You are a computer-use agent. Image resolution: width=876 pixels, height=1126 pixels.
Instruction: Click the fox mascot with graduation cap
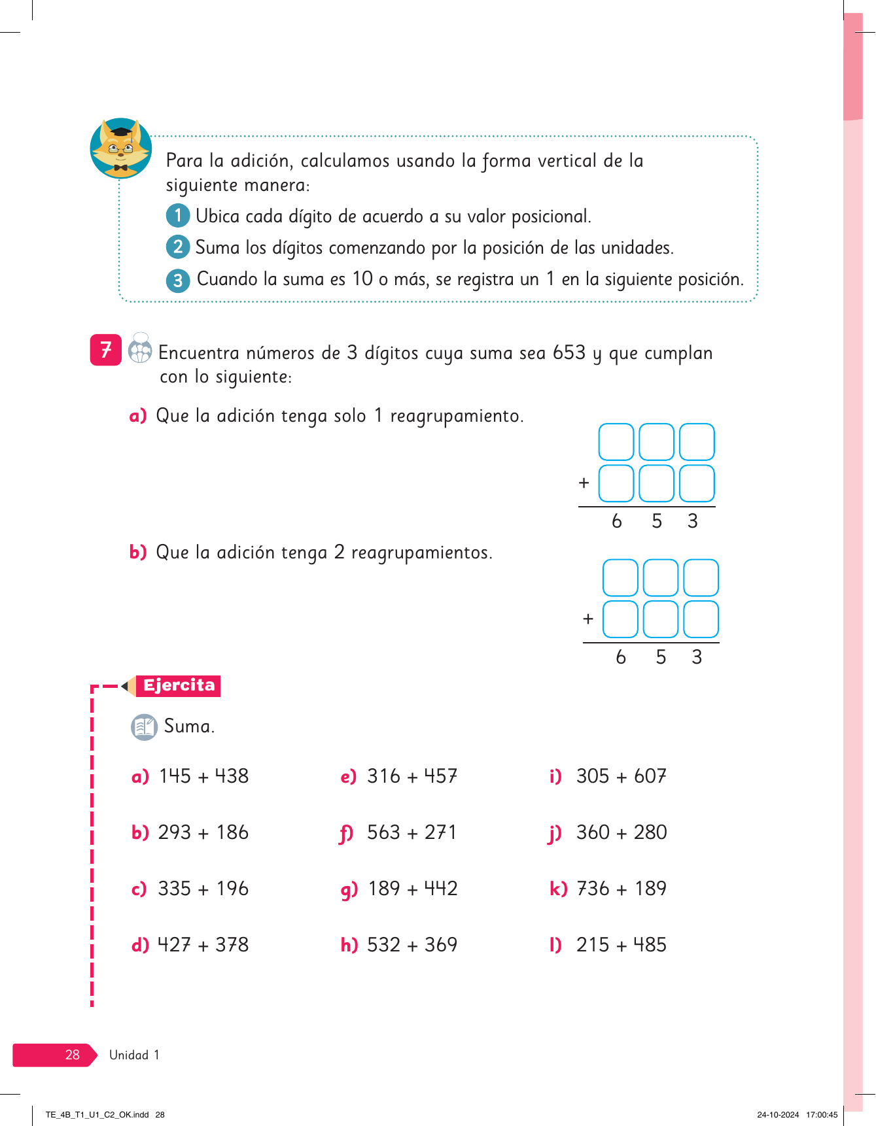click(121, 148)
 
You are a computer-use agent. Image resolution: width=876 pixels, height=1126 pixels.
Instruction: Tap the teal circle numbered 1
click(177, 215)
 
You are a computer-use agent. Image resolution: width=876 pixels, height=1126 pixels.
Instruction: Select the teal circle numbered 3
click(177, 281)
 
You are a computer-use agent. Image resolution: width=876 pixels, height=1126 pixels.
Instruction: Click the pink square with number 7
click(106, 350)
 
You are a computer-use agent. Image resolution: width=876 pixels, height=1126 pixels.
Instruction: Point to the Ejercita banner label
click(179, 685)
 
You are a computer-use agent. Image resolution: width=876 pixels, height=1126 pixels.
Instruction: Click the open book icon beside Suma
click(144, 726)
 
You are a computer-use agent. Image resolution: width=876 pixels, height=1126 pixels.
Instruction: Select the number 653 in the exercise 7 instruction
click(569, 352)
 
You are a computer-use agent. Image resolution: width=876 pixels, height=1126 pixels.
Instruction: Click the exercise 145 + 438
click(203, 776)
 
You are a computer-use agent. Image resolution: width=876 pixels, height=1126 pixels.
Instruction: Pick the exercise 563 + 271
click(412, 832)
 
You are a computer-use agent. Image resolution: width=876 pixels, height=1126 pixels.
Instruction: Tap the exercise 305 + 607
click(621, 776)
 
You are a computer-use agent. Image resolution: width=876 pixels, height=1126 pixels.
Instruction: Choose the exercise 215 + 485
click(621, 945)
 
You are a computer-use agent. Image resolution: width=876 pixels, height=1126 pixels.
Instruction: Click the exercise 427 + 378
click(203, 945)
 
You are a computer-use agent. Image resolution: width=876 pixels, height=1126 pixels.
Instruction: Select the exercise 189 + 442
click(412, 889)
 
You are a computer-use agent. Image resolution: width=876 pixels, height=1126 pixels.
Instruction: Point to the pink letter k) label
click(558, 889)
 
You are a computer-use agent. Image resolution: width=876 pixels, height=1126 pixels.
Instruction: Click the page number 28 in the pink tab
click(72, 1055)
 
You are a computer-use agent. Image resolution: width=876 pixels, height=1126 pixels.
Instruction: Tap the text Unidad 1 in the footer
click(134, 1055)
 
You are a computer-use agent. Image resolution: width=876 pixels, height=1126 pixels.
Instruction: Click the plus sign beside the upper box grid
click(584, 483)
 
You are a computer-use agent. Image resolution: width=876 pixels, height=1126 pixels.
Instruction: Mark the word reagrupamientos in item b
click(421, 553)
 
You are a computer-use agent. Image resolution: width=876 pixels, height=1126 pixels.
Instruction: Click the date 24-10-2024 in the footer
click(778, 1115)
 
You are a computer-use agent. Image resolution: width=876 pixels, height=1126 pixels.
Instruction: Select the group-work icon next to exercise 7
click(140, 349)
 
